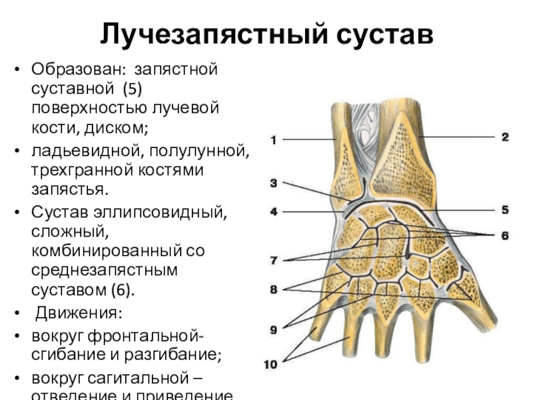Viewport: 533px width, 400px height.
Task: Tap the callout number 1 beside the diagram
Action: tap(273, 140)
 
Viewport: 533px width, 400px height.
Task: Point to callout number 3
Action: tap(273, 182)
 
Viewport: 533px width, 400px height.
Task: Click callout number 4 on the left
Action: tap(273, 212)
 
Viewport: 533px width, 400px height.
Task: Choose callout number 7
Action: tap(273, 259)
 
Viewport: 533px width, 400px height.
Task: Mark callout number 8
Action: tap(273, 290)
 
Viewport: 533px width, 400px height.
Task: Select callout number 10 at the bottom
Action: tap(270, 365)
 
